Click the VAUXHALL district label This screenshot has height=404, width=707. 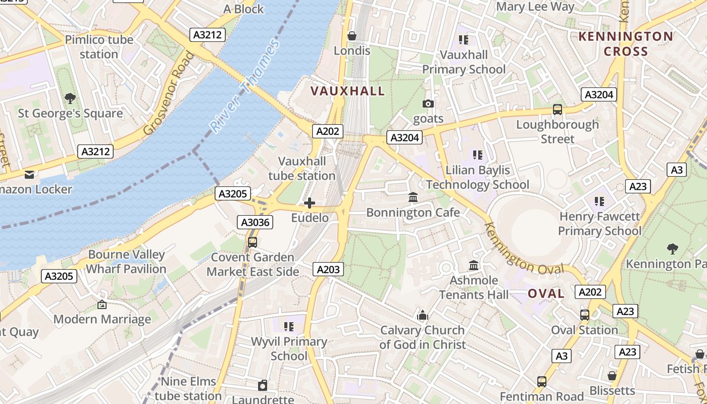click(347, 91)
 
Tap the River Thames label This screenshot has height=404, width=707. click(245, 86)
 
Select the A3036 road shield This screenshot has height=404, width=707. click(255, 222)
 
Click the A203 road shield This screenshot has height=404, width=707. click(328, 270)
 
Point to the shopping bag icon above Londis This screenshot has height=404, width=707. click(352, 36)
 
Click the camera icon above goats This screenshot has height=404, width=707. click(428, 104)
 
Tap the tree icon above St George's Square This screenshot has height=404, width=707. click(70, 98)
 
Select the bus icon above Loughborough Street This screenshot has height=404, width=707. click(558, 110)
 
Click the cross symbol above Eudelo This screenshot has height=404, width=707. click(310, 203)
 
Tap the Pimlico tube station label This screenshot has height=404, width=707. click(99, 47)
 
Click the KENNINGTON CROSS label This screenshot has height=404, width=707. click(626, 44)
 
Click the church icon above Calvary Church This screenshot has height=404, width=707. click(423, 316)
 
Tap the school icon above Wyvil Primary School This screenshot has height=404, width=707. click(289, 327)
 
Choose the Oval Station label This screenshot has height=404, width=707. click(584, 330)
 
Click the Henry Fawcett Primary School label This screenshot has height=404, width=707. click(599, 224)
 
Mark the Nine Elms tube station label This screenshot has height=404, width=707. click(188, 388)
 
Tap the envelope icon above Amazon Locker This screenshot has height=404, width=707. click(29, 175)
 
